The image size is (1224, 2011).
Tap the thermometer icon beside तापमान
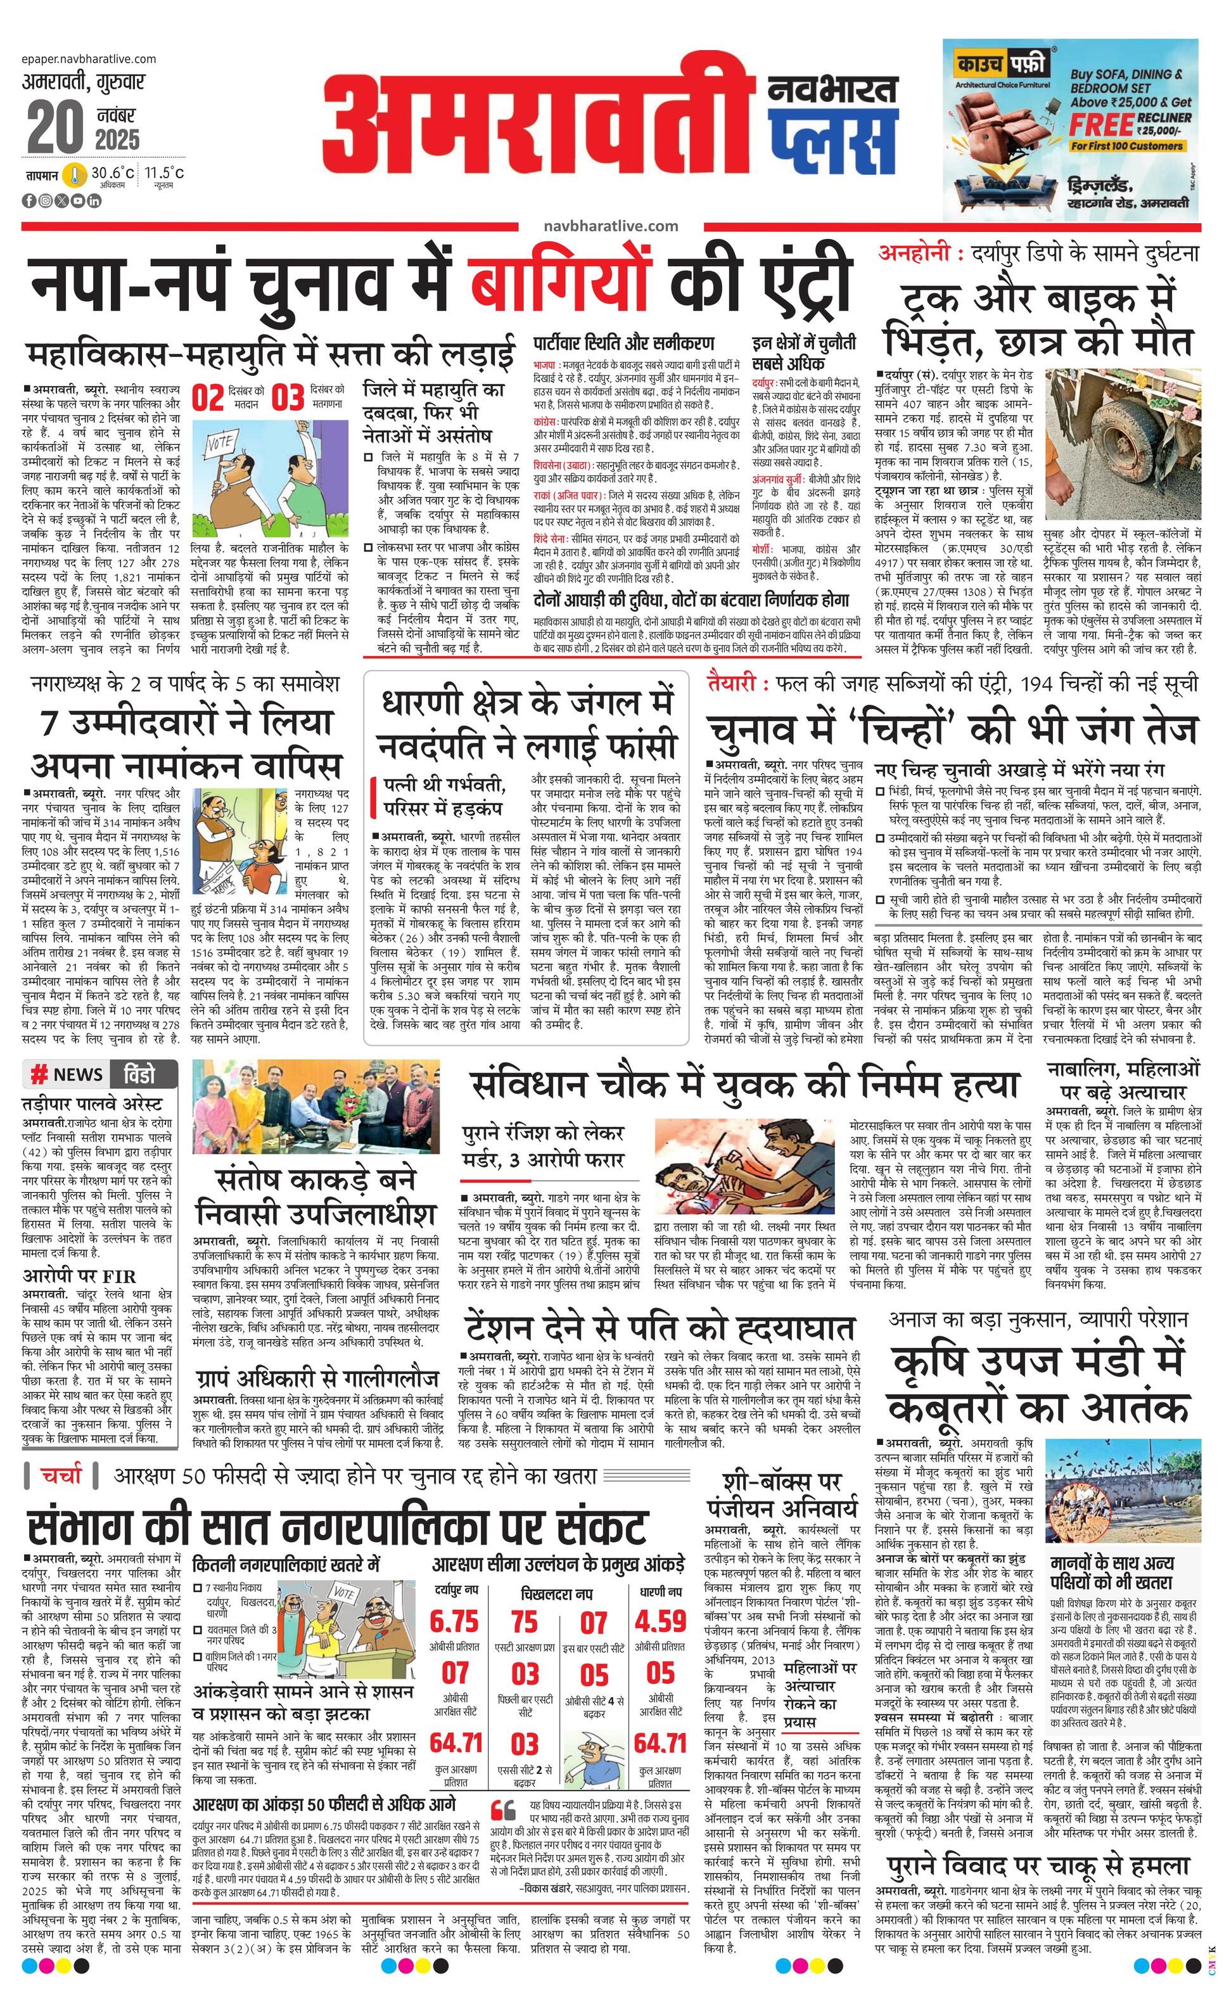point(76,176)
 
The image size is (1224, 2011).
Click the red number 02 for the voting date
point(207,398)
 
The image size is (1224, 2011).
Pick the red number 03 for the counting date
point(287,398)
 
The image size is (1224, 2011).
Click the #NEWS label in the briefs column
point(67,1074)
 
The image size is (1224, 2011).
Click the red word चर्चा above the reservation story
point(62,1475)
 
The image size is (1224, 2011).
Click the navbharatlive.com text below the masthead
point(610,226)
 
